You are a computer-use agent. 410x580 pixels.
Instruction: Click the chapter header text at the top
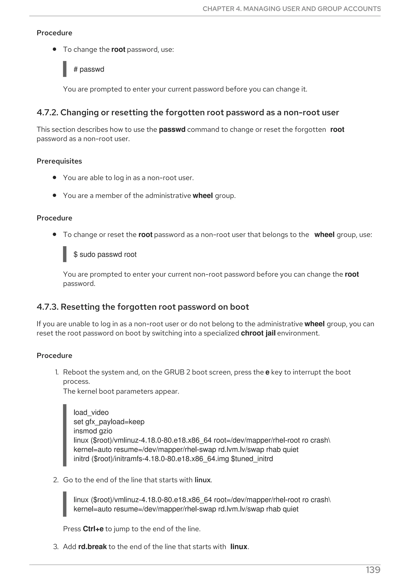pos(291,9)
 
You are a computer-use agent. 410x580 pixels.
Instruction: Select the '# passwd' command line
pos(89,69)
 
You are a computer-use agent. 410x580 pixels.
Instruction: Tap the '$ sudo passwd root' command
pos(105,254)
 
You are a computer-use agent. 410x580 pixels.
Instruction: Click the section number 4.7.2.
pos(47,112)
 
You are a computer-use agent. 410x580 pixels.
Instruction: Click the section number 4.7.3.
pos(47,307)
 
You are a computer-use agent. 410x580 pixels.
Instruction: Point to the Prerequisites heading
pos(59,161)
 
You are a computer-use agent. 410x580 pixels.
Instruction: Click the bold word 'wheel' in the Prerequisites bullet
pos(203,196)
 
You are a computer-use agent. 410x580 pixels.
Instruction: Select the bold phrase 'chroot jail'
pos(258,333)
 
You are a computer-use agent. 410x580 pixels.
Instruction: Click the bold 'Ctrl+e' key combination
pos(93,529)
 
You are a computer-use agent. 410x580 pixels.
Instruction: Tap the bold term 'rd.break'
pos(92,547)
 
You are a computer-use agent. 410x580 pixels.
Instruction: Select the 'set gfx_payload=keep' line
pos(109,422)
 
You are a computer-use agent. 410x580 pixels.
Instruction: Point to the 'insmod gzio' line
pos(93,431)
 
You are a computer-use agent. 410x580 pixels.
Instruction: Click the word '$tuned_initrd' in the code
pos(252,459)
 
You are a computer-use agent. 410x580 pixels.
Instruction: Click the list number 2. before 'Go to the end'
pos(56,480)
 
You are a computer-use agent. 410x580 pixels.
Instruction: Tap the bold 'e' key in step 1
pos(267,372)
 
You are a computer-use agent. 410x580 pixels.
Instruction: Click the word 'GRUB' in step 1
pos(174,372)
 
